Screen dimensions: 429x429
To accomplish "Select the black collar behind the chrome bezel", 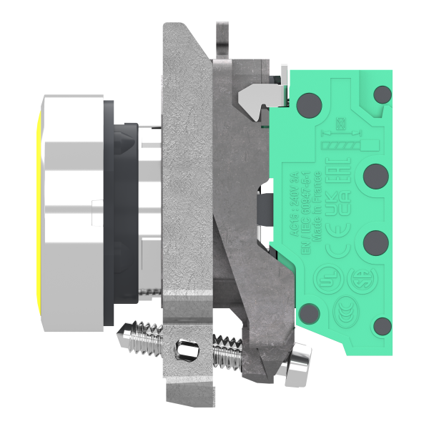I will pos(114,214).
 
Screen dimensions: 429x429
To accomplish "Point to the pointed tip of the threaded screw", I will pos(124,331).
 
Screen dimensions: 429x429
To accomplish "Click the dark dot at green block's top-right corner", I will pos(383,94).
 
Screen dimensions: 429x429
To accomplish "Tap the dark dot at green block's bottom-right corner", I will pos(383,326).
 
